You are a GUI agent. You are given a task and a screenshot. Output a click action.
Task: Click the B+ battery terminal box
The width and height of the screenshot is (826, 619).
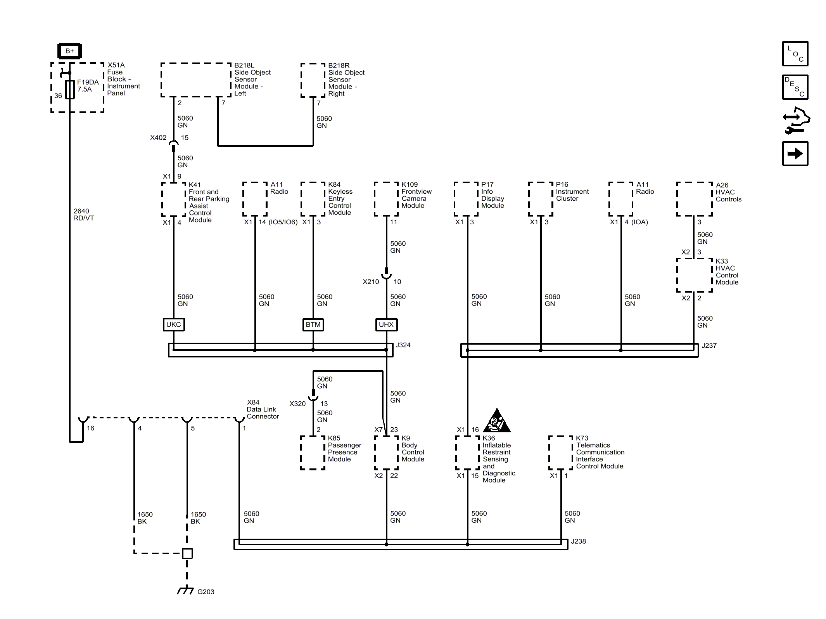pos(69,51)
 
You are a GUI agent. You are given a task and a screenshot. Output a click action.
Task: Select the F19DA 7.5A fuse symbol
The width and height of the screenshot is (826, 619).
pos(70,89)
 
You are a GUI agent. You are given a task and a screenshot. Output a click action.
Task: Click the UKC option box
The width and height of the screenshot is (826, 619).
pos(173,324)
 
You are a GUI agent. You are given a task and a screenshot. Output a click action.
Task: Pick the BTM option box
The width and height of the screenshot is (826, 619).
pos(313,324)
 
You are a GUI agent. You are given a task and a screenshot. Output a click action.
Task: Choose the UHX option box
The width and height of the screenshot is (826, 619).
pos(386,324)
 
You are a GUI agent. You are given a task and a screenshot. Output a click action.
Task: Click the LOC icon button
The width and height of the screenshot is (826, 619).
pos(795,54)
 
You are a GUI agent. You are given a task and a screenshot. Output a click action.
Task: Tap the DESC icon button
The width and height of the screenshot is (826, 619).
pos(795,87)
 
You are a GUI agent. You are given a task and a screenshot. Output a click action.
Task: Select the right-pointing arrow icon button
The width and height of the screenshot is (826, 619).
pos(795,154)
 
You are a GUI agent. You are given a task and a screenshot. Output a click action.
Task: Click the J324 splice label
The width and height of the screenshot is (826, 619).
pos(403,345)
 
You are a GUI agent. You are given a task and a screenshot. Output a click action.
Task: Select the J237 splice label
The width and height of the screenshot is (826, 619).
pos(709,345)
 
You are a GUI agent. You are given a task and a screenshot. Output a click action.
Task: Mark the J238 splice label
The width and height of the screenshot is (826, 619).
pos(578,541)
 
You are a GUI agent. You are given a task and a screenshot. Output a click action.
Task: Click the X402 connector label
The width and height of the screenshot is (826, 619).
pos(158,138)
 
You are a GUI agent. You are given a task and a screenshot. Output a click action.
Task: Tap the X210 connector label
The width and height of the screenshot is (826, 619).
pos(371,282)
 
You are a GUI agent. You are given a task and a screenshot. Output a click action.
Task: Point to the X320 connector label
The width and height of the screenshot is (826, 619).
pos(297,404)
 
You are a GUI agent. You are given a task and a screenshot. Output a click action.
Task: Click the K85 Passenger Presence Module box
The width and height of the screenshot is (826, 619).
pos(313,453)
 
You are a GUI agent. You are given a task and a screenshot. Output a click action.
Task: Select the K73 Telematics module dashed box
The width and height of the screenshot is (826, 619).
pos(561,453)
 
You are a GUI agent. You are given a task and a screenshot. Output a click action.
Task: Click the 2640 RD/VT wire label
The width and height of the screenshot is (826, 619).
pos(83,215)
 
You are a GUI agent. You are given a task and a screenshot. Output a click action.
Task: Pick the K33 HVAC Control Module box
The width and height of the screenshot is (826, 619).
pos(695,275)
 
